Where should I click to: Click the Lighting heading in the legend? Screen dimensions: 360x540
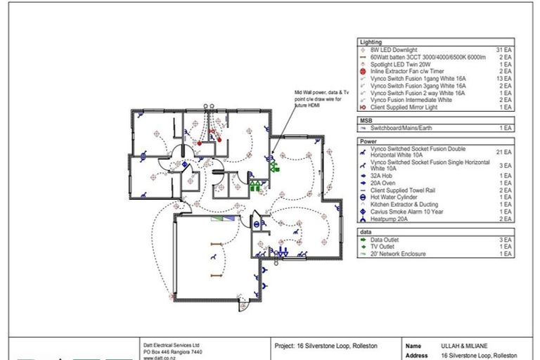pyautogui.click(x=371, y=43)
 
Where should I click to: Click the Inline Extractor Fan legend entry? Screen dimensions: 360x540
pyautogui.click(x=401, y=72)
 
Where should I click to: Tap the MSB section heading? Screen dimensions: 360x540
pyautogui.click(x=366, y=120)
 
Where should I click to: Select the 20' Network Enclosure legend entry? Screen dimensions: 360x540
pyautogui.click(x=398, y=253)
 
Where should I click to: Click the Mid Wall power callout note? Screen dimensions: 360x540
pyautogui.click(x=319, y=100)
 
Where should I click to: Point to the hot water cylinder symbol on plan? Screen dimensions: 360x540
pyautogui.click(x=257, y=224)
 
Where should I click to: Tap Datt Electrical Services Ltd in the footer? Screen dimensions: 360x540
pyautogui.click(x=172, y=346)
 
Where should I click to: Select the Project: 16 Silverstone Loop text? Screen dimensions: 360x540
pyautogui.click(x=326, y=346)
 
